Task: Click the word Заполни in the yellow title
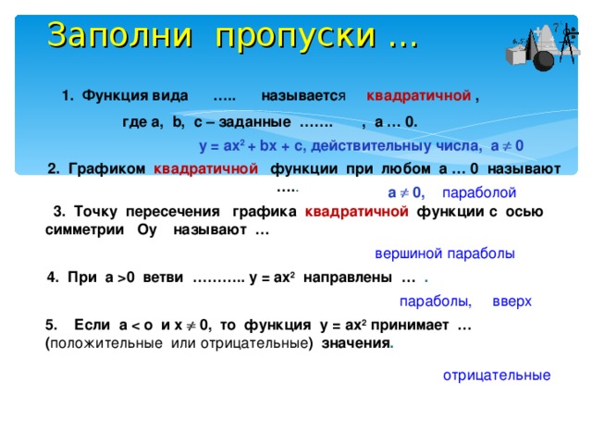coord(120,35)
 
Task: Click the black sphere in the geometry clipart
coord(543,61)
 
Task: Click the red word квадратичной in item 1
coord(419,96)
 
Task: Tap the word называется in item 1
coord(303,96)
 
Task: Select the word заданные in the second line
coord(255,122)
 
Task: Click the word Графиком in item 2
coord(107,168)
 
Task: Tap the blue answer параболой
coord(479,192)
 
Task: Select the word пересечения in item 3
coord(173,212)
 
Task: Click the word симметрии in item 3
coord(84,229)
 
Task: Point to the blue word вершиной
coord(407,253)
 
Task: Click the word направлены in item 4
coord(348,277)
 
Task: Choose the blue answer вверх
coord(512,302)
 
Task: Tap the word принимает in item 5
coord(410,325)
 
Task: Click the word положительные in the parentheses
coord(106,343)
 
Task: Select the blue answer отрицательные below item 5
coord(497,376)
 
